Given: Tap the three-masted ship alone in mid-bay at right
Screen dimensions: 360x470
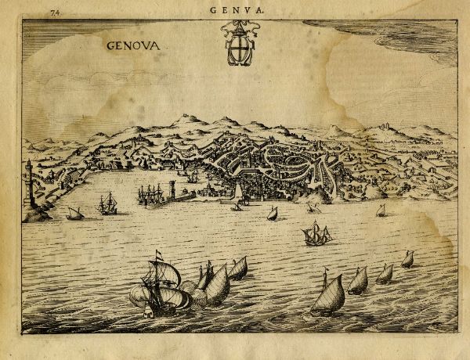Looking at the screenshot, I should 316,234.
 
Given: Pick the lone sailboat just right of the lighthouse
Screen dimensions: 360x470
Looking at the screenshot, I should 75,213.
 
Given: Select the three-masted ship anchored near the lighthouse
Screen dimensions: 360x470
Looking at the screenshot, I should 107,204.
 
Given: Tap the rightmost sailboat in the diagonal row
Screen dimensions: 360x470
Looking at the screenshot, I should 407,259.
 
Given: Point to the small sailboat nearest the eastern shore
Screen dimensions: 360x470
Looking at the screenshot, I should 381,210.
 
